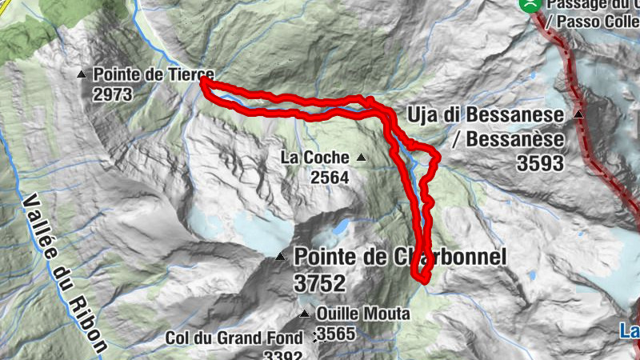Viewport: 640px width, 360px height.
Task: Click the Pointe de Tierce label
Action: pyautogui.click(x=153, y=74)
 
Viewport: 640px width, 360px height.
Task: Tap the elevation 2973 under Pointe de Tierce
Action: pyautogui.click(x=112, y=94)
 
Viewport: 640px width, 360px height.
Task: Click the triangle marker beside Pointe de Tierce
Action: pyautogui.click(x=81, y=74)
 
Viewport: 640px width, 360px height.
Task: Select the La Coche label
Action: pyautogui.click(x=313, y=158)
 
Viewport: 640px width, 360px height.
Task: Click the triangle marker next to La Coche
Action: pyautogui.click(x=360, y=158)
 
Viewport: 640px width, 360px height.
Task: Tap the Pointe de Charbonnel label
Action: pyautogui.click(x=400, y=257)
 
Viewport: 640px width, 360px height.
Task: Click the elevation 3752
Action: pyautogui.click(x=319, y=282)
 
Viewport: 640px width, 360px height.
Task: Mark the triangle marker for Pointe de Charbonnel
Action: pyautogui.click(x=280, y=257)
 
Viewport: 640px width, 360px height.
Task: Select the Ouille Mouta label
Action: pyautogui.click(x=362, y=314)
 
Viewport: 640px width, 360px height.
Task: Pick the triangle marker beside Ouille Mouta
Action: pyautogui.click(x=304, y=314)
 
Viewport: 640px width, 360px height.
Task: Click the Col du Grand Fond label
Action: pyautogui.click(x=234, y=338)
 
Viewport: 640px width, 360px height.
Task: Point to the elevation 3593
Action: pyautogui.click(x=540, y=164)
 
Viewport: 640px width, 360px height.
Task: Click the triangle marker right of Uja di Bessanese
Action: pyautogui.click(x=578, y=115)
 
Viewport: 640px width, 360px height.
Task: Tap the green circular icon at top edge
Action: pyautogui.click(x=528, y=4)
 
